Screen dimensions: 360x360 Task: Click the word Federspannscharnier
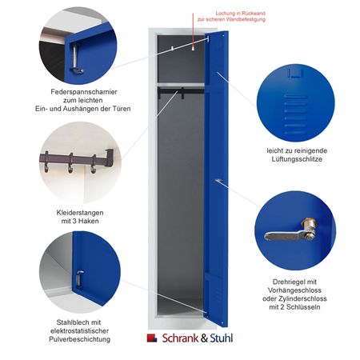click(x=84, y=92)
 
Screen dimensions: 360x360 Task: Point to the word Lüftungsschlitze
click(x=297, y=159)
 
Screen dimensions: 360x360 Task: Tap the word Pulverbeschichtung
click(x=79, y=339)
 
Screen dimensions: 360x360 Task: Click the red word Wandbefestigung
click(x=246, y=19)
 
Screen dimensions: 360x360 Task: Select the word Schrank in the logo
click(x=180, y=338)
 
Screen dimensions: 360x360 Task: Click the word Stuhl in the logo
click(x=222, y=338)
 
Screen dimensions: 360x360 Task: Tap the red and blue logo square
click(x=152, y=338)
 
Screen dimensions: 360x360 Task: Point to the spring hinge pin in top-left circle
click(x=75, y=58)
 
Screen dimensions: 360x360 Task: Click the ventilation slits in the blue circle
click(x=295, y=114)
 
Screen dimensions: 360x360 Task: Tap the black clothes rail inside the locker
click(x=181, y=91)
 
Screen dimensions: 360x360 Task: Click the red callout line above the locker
click(x=193, y=30)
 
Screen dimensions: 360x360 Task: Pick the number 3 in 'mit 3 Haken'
click(x=74, y=221)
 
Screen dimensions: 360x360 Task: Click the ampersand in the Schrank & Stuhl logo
click(x=204, y=338)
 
